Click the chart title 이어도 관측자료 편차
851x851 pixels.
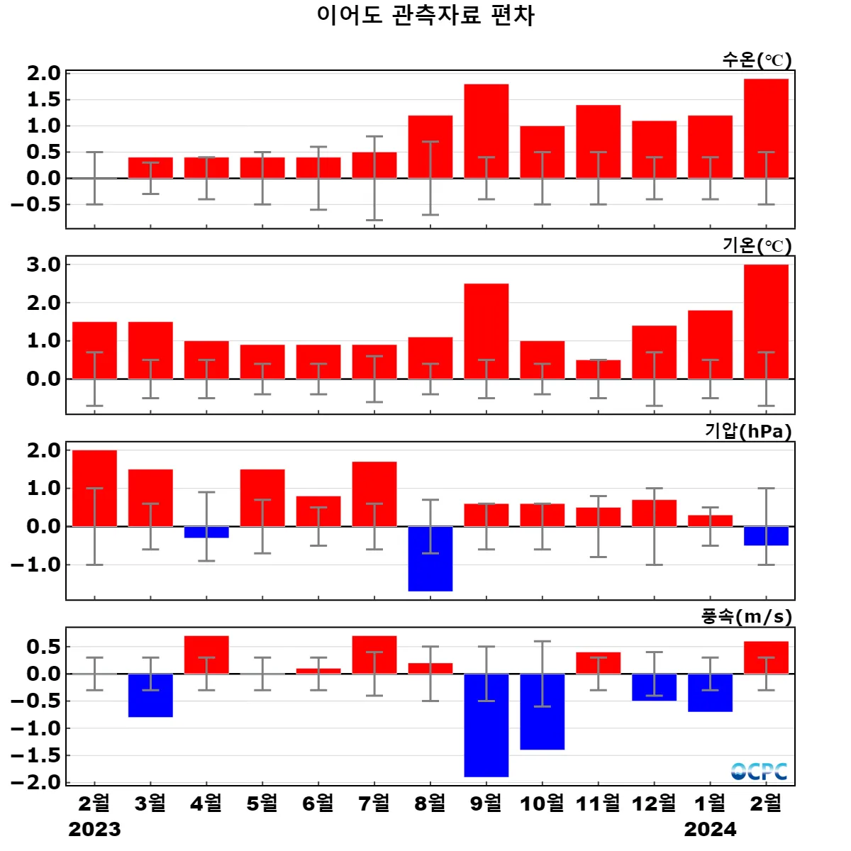click(x=425, y=16)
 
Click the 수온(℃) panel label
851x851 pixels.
click(x=757, y=60)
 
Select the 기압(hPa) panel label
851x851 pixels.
click(x=748, y=431)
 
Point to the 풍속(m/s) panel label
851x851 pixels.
click(x=746, y=616)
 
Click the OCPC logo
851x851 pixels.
click(x=759, y=771)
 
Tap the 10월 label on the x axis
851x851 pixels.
click(x=543, y=803)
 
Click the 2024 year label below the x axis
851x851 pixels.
click(x=710, y=829)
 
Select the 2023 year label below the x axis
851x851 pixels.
click(x=94, y=829)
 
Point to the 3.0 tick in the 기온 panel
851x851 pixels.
click(x=43, y=265)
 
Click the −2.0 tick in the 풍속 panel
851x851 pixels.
click(x=35, y=782)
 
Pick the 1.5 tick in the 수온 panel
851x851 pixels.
click(x=43, y=99)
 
